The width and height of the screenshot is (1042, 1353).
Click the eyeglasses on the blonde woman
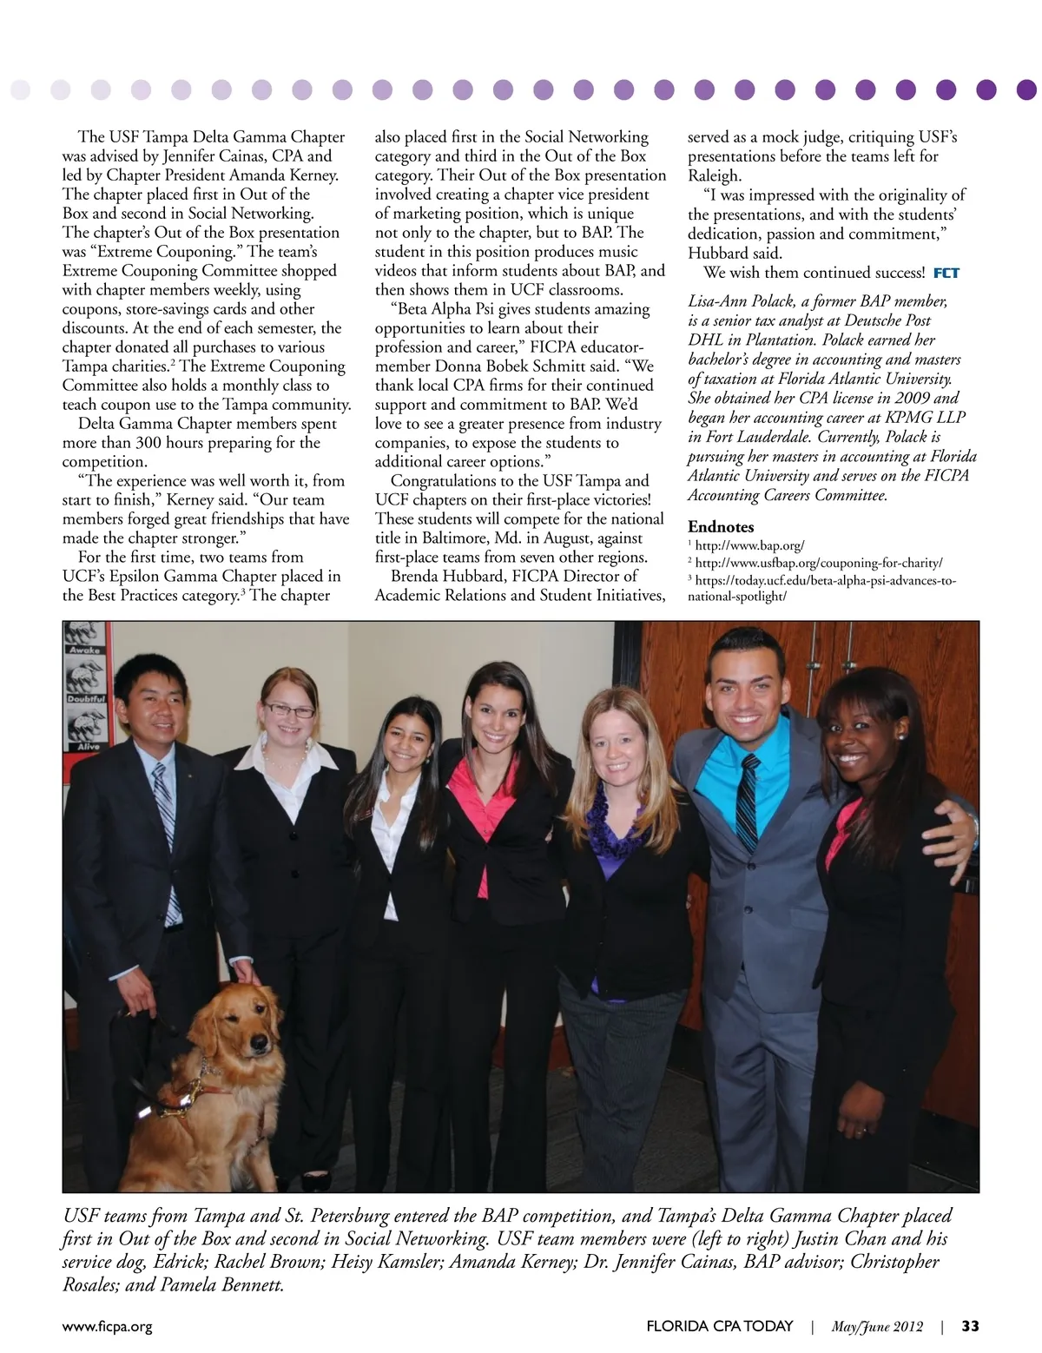pos(288,710)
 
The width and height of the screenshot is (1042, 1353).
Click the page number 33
pos(970,1326)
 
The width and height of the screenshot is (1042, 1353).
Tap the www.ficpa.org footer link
pos(107,1326)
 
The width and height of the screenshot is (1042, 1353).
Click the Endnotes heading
pos(721,527)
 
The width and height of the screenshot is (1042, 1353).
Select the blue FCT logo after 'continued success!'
pos(946,273)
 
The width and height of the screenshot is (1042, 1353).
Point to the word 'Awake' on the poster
pos(85,650)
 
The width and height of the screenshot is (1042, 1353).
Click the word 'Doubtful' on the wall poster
pos(85,698)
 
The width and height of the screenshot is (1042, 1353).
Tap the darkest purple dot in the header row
pos(1026,89)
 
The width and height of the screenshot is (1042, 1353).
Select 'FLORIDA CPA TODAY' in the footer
pos(719,1326)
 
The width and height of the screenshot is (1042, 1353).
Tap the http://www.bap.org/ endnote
pos(749,545)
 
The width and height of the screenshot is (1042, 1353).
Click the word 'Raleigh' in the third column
pos(714,175)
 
